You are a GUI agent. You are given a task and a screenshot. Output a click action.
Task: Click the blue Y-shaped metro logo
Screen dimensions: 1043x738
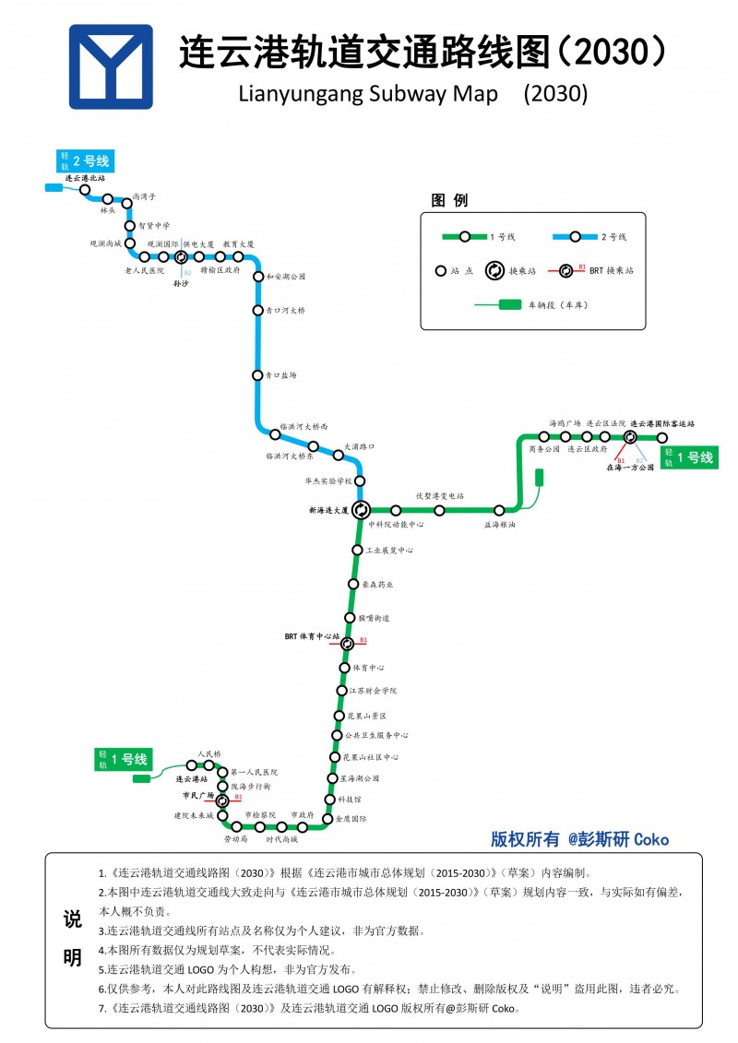111,66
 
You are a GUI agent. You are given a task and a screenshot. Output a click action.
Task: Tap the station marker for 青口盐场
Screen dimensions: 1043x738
258,375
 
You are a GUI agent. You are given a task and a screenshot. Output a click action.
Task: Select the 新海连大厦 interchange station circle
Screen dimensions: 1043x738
361,509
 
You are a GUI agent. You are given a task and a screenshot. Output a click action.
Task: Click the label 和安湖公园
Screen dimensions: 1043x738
285,277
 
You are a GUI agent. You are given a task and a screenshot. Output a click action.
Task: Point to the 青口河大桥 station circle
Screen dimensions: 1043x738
258,311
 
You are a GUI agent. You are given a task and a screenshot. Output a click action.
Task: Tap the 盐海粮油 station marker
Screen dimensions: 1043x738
499,510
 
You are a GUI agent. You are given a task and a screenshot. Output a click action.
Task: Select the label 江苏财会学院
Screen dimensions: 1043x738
372,690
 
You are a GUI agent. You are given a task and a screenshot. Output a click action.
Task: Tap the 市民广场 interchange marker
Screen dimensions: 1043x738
222,800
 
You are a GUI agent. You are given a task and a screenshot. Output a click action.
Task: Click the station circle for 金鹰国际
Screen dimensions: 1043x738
327,818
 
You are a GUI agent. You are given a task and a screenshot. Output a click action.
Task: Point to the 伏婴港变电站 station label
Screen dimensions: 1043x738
440,495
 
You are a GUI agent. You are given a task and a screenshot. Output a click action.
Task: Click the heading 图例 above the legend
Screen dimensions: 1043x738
449,201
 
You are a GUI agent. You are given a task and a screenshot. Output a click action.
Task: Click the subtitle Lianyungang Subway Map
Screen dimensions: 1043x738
368,93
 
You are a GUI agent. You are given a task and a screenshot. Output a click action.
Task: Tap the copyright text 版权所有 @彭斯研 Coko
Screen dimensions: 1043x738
579,839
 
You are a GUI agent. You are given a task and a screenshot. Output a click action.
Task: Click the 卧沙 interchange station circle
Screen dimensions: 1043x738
181,257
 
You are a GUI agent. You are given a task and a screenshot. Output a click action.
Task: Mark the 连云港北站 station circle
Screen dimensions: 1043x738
85,189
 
